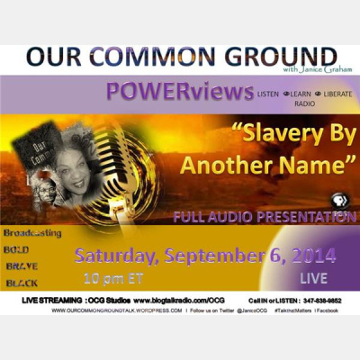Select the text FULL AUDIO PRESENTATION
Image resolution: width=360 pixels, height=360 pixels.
click(265, 218)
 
